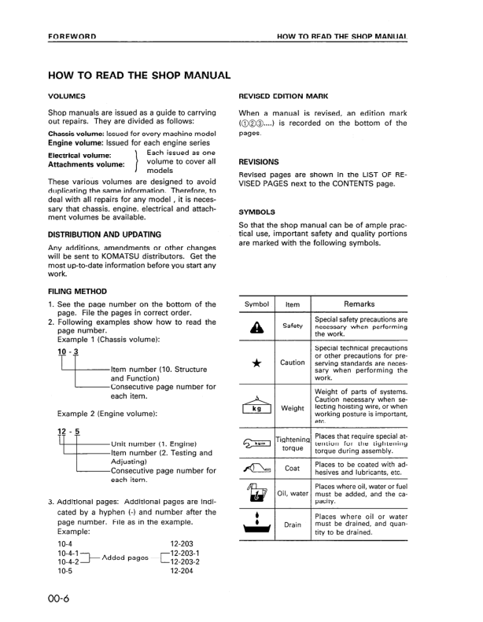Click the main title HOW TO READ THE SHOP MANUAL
pos(139,75)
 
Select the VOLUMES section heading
pos(67,96)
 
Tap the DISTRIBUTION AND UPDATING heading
pos(105,234)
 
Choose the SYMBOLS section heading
pos(256,212)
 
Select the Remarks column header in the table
pos(359,304)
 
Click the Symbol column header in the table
pos(257,304)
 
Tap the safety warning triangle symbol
pos(257,326)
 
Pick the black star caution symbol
pos(257,363)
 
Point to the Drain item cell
pos(293,524)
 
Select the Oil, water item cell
pos(293,494)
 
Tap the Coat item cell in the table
pos(293,469)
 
